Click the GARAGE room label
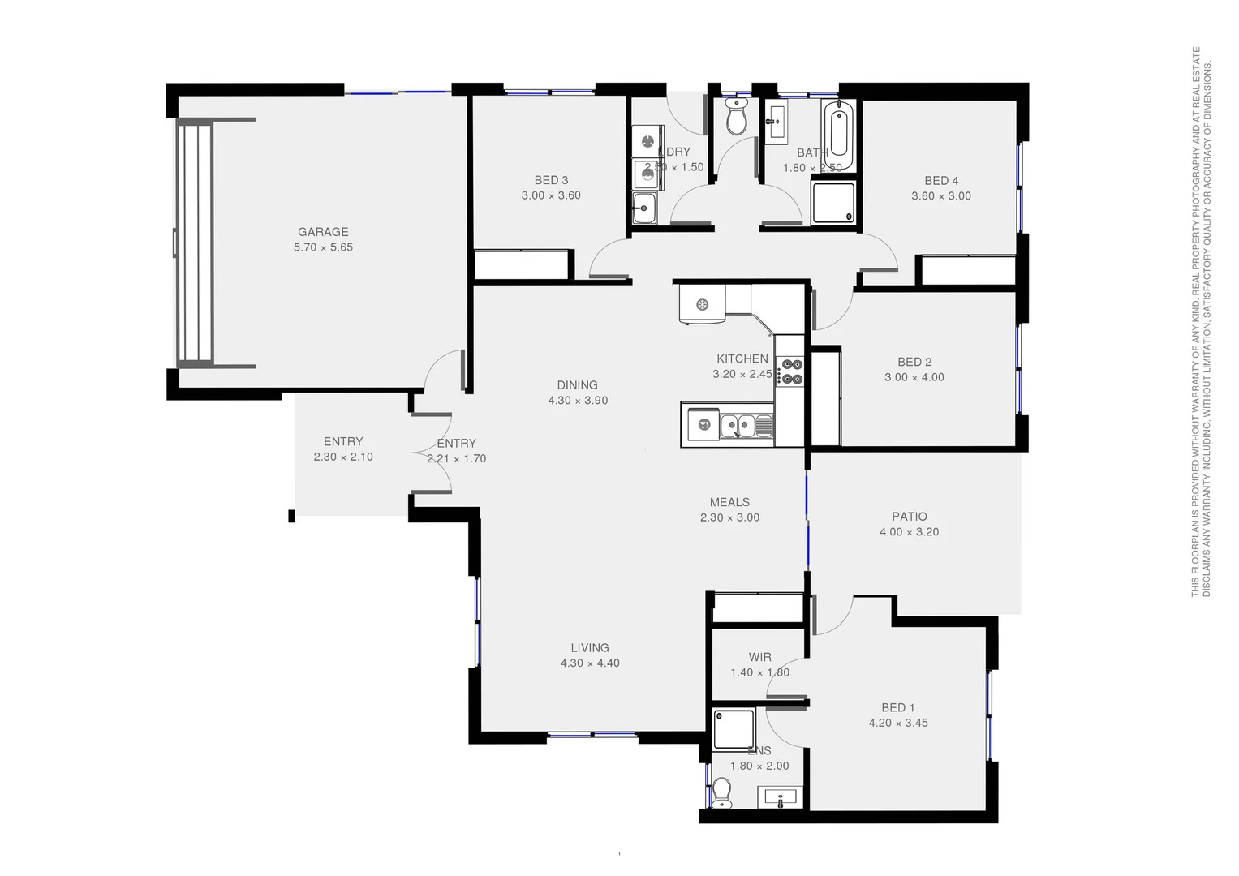coord(323,232)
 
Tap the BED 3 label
coord(551,180)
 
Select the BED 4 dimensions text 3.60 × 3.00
coord(940,196)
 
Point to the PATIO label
coord(909,517)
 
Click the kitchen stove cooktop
coord(789,371)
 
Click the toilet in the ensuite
coord(721,792)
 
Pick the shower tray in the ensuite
coord(734,728)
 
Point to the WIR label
coord(759,657)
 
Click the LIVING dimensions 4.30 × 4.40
coord(590,663)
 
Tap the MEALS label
coord(729,503)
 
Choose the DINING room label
coord(577,385)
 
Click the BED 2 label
coord(914,363)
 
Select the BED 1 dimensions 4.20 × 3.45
coord(898,724)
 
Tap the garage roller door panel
coord(194,243)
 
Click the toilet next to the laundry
coord(736,118)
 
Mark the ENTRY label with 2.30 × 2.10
coord(343,442)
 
